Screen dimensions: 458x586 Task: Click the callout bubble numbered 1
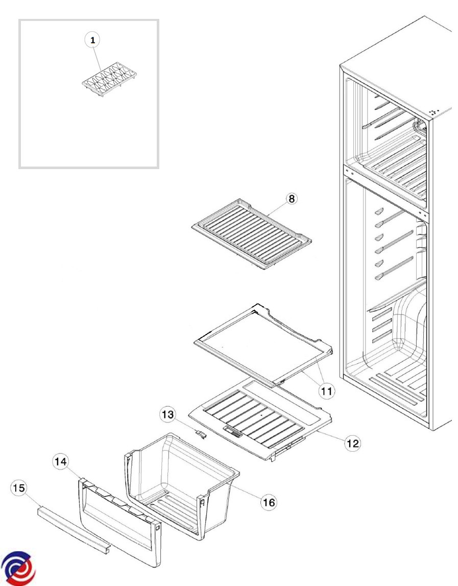tap(92, 40)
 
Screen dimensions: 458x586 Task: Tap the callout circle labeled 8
tap(292, 199)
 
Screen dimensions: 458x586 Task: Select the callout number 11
tap(326, 391)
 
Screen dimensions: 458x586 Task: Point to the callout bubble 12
tap(352, 443)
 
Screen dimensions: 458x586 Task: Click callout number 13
tap(168, 414)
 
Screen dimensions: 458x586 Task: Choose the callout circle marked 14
tap(61, 462)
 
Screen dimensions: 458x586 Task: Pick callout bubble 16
tap(269, 502)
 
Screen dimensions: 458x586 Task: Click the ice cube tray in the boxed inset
tap(109, 81)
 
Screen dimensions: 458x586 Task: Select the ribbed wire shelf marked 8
tap(251, 234)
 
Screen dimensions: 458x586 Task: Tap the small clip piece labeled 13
tap(201, 434)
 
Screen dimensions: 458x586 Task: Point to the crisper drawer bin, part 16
tap(182, 486)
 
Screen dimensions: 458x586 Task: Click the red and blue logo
tap(18, 569)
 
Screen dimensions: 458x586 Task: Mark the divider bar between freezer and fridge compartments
tap(385, 194)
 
